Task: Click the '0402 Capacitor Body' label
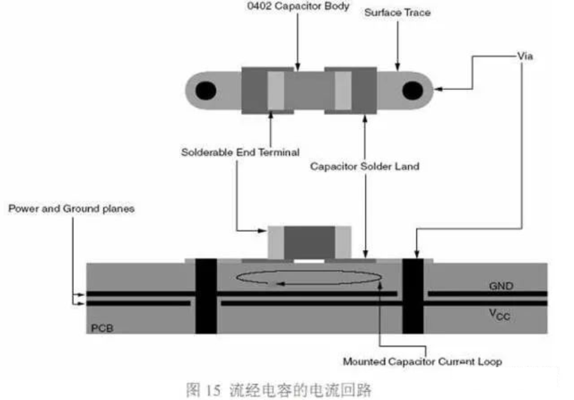[x=298, y=6]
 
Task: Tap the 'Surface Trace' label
[x=397, y=13]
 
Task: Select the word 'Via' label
[x=525, y=56]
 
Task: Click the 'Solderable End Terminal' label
[x=240, y=152]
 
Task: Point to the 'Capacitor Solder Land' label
[x=365, y=167]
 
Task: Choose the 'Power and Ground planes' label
[x=71, y=209]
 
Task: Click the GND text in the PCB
[x=501, y=286]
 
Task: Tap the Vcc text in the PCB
[x=499, y=315]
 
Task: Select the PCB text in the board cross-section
[x=102, y=328]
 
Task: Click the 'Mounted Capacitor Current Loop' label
[x=422, y=362]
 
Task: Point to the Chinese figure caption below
[x=279, y=390]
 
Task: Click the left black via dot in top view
[x=206, y=91]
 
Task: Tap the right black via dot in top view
[x=413, y=91]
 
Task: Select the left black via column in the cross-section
[x=206, y=296]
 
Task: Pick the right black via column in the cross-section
[x=413, y=296]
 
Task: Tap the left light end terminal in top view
[x=276, y=91]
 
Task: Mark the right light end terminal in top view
[x=343, y=91]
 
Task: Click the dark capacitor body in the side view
[x=309, y=242]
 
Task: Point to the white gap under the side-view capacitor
[x=309, y=261]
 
